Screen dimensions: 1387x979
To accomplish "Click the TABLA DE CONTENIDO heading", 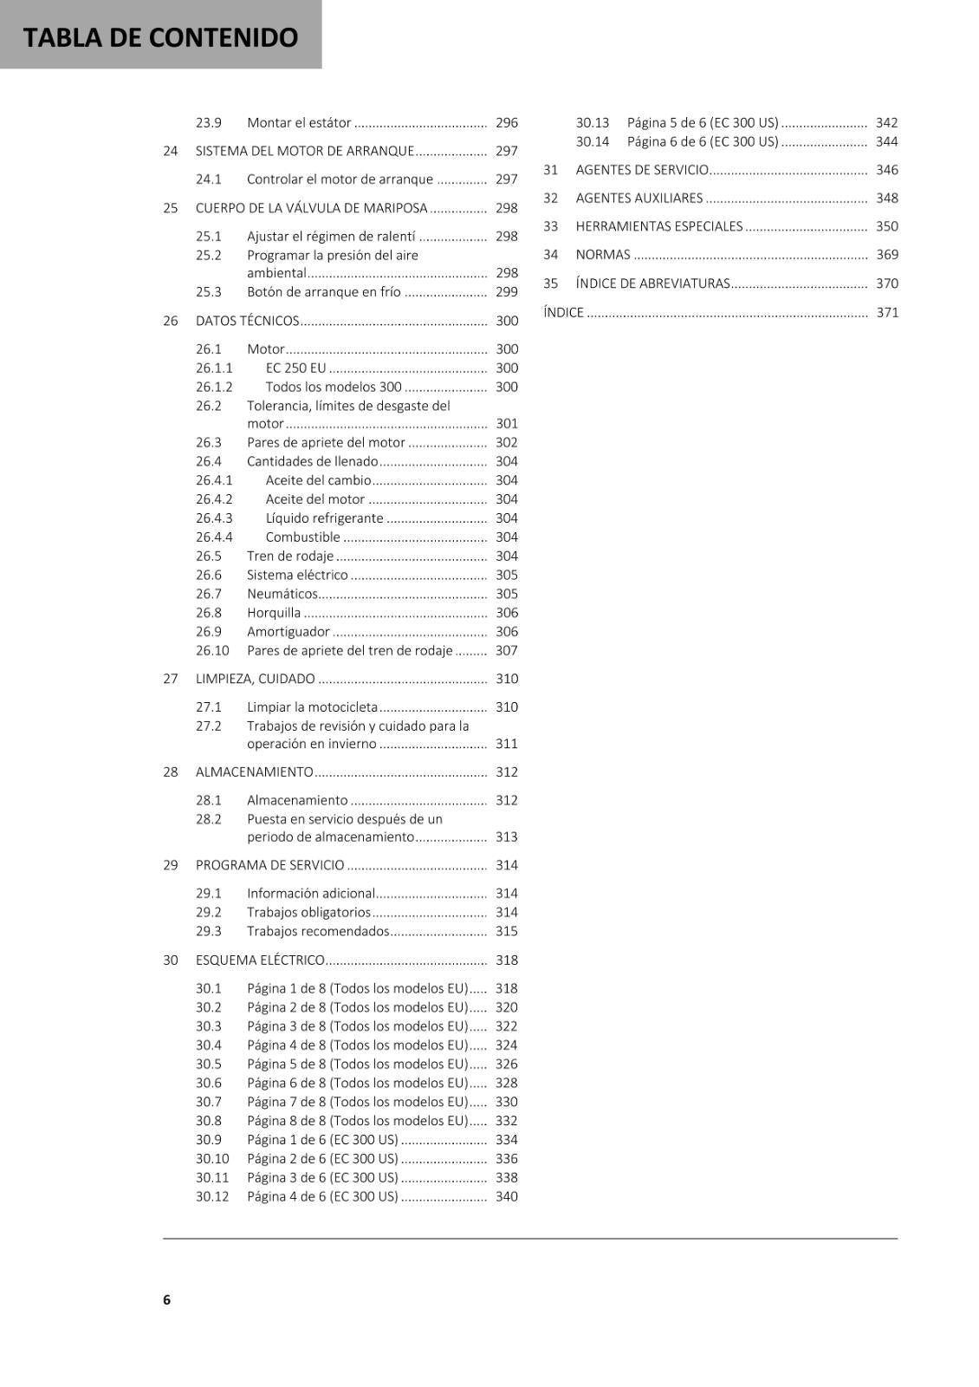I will (160, 37).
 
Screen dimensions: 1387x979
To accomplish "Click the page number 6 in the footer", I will (166, 1299).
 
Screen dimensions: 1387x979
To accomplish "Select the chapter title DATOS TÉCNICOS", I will (247, 321).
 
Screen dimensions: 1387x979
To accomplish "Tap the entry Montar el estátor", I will (299, 123).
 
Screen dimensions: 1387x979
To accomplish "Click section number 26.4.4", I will (214, 537).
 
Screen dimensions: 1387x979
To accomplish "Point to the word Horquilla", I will (274, 613).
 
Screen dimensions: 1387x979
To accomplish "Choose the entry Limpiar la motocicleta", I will (312, 707).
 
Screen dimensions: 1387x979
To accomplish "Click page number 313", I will (507, 837).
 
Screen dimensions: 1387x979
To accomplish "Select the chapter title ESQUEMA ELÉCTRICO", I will (260, 960).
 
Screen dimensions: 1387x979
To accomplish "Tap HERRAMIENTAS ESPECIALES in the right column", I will (659, 226).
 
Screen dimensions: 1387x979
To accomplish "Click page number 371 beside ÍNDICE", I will (887, 313).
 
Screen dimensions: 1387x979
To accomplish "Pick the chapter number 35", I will (551, 283).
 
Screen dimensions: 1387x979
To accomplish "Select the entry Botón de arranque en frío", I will (323, 292).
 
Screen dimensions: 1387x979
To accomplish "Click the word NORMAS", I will (603, 255).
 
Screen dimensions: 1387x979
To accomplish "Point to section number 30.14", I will (593, 142).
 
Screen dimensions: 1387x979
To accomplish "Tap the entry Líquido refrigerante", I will (324, 518).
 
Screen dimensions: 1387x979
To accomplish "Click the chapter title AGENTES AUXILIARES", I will (639, 199).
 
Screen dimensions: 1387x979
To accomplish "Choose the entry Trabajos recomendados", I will (318, 932).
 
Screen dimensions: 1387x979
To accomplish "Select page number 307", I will (507, 651).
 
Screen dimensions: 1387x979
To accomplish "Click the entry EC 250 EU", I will (295, 368).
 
